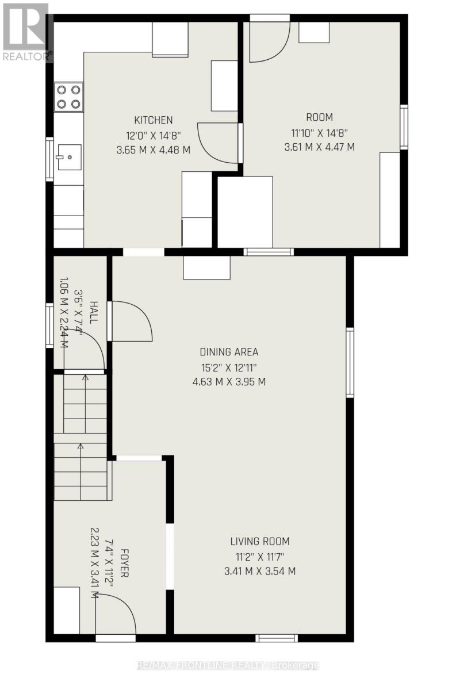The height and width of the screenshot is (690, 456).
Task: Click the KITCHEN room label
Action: [x=153, y=120]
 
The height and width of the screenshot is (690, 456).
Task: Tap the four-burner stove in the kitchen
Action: [x=68, y=97]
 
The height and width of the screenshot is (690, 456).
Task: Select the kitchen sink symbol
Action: [x=68, y=156]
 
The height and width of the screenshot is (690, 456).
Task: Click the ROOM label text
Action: [x=319, y=117]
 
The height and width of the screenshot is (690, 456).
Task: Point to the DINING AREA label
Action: [x=229, y=352]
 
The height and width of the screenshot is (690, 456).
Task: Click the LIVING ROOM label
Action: [x=260, y=541]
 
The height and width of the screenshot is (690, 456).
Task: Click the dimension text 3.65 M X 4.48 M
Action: [x=153, y=149]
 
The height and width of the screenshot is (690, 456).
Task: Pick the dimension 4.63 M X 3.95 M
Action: [x=229, y=381]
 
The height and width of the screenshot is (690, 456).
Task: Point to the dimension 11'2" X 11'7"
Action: [x=260, y=556]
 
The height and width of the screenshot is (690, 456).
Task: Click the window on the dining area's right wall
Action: [x=350, y=362]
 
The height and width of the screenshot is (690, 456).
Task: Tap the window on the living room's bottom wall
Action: [x=277, y=638]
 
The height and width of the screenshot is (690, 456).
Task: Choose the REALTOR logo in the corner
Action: [x=26, y=32]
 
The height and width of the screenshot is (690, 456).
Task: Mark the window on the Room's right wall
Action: [x=404, y=127]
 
